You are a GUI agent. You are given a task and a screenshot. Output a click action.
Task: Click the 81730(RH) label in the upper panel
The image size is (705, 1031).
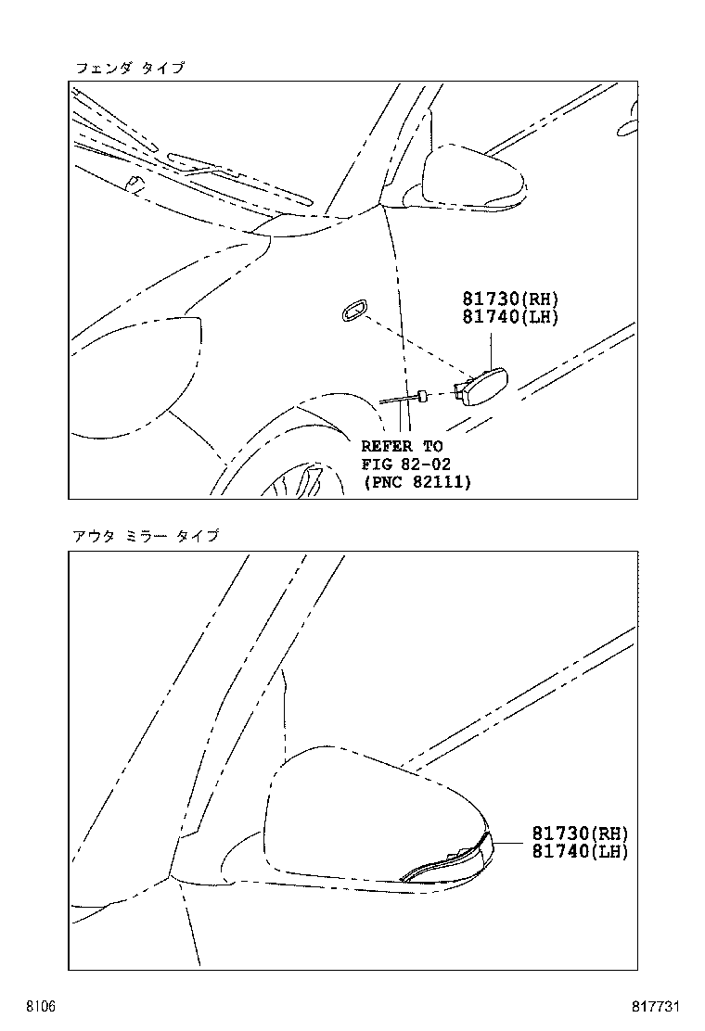point(511,299)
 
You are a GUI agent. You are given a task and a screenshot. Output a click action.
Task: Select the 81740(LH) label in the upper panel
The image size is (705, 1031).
point(511,317)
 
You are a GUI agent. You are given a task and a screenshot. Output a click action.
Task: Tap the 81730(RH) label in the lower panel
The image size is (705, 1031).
point(580,834)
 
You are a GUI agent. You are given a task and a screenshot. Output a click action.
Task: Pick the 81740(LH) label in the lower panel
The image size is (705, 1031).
point(580,851)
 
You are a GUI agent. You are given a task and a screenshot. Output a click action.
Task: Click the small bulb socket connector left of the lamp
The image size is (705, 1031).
point(422,396)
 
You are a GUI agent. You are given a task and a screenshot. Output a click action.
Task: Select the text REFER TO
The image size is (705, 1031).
point(402,447)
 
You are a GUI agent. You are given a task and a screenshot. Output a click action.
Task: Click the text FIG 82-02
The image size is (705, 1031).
point(405,465)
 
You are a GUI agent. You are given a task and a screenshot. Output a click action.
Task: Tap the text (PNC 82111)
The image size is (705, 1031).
point(416,482)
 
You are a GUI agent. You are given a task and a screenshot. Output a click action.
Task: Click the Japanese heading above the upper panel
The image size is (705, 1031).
point(129,68)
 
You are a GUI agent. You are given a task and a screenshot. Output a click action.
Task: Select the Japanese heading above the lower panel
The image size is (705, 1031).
point(145,536)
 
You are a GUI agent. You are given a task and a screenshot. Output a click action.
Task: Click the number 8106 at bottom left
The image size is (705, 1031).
point(40,1006)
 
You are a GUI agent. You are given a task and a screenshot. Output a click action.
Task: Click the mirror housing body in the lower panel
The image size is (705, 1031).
point(371,816)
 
